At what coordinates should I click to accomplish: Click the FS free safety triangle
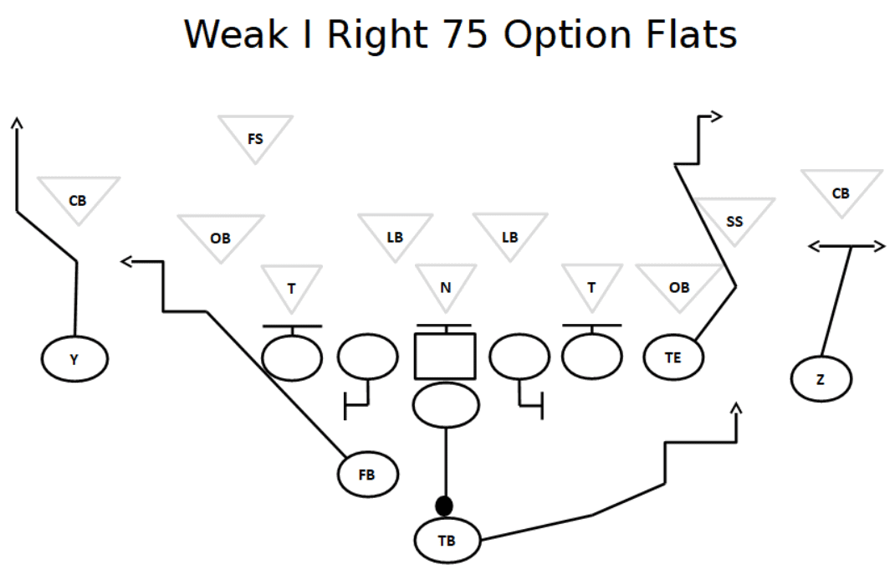point(255,136)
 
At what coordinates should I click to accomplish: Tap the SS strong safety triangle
point(734,219)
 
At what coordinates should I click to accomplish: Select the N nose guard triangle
point(446,286)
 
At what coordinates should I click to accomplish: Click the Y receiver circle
point(74,360)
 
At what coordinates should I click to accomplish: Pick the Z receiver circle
point(821,379)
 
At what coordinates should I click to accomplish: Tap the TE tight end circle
point(673,357)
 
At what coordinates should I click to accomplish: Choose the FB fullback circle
point(367,475)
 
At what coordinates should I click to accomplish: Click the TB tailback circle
point(447,540)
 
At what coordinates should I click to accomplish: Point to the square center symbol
point(445,356)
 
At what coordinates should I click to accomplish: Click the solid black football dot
point(444,506)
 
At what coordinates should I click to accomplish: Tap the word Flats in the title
point(692,34)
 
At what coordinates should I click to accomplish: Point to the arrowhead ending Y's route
point(17,123)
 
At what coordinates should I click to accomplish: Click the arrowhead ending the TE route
point(716,117)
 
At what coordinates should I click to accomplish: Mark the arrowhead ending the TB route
point(736,408)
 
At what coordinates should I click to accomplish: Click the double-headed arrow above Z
point(846,246)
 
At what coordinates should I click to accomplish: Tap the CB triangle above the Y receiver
point(78,199)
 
